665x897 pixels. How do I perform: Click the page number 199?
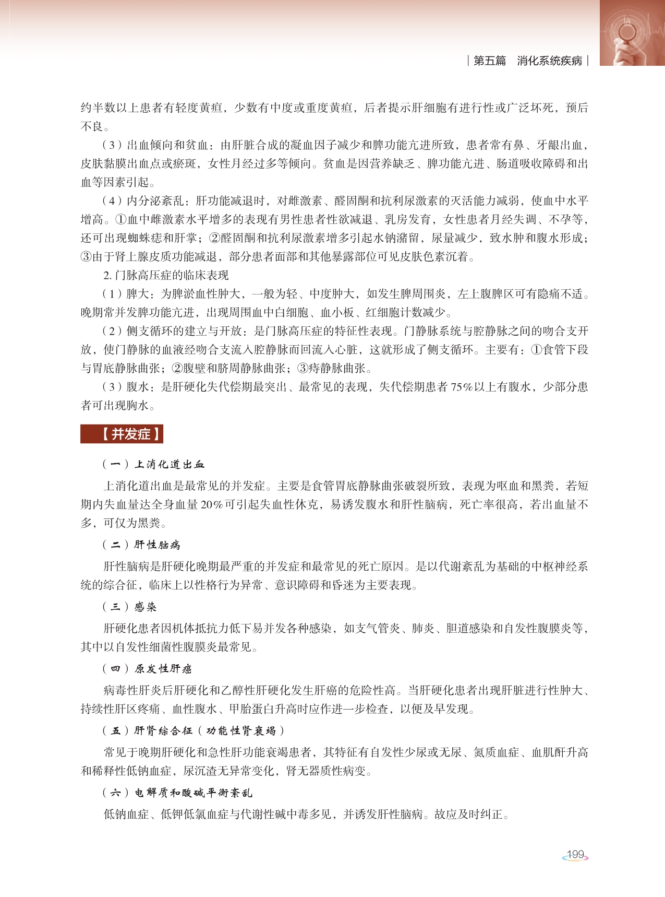click(575, 854)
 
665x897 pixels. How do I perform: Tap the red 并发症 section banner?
click(122, 434)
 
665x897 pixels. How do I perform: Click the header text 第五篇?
click(489, 61)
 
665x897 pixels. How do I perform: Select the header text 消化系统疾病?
click(549, 61)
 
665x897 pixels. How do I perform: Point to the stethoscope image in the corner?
click(632, 33)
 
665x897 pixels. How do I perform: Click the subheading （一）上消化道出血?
click(153, 464)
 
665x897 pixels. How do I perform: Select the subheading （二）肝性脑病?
click(141, 545)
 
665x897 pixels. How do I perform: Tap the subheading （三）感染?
click(129, 607)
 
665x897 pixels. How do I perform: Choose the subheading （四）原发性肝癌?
click(147, 668)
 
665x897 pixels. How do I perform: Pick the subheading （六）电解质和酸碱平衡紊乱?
click(177, 793)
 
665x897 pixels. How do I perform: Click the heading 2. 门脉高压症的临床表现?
click(166, 275)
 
